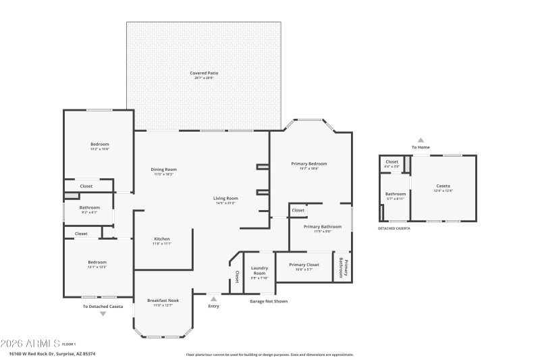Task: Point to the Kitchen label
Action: pos(162,239)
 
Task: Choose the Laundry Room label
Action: pos(260,272)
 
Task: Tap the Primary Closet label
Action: pos(303,264)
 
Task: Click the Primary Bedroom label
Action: pos(308,163)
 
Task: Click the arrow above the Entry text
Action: pos(214,298)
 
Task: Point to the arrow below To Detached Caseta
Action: pos(103,313)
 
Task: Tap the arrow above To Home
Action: pos(421,140)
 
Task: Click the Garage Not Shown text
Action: pos(269,301)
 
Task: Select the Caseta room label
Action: pos(443,186)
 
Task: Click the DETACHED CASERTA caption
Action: pos(394,228)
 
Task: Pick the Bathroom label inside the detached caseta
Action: pos(396,195)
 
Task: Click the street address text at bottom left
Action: pos(52,353)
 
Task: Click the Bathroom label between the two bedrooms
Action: pos(89,208)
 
